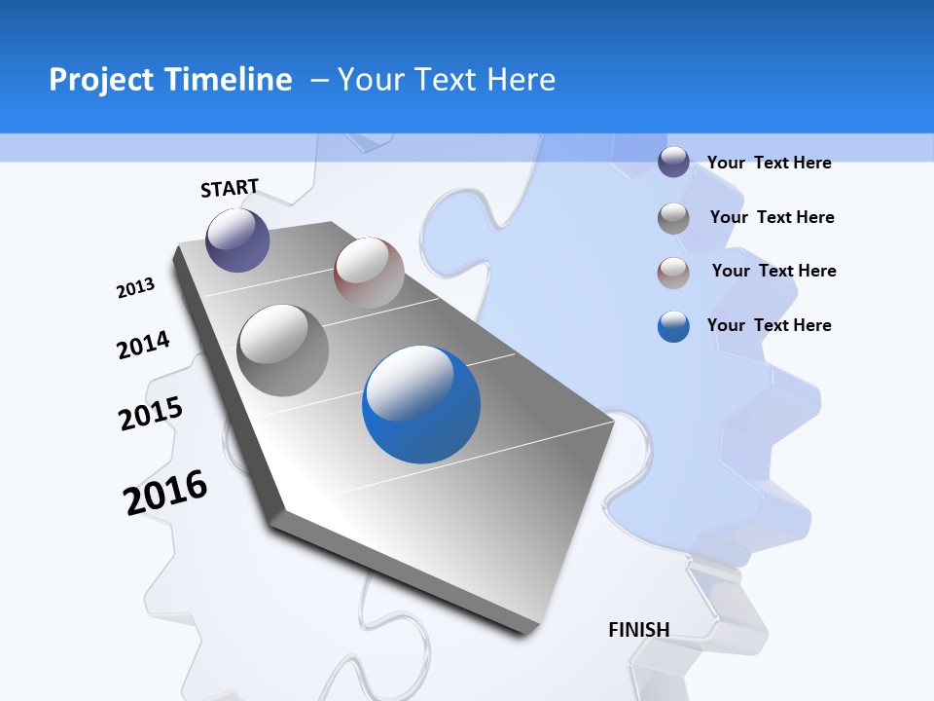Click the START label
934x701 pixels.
230,188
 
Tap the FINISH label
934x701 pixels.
638,630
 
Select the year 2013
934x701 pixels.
135,288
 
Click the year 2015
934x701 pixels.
151,413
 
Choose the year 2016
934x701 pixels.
165,492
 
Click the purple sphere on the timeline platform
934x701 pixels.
237,240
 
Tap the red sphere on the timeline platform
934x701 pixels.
369,273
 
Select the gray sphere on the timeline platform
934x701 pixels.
283,350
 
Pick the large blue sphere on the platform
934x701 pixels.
421,404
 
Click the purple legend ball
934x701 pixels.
673,163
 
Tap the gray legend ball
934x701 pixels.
673,218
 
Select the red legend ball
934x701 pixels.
673,273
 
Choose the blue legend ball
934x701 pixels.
673,326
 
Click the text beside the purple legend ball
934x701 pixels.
769,163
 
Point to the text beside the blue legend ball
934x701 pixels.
769,325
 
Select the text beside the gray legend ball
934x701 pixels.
772,217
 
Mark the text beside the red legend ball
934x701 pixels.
773,271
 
